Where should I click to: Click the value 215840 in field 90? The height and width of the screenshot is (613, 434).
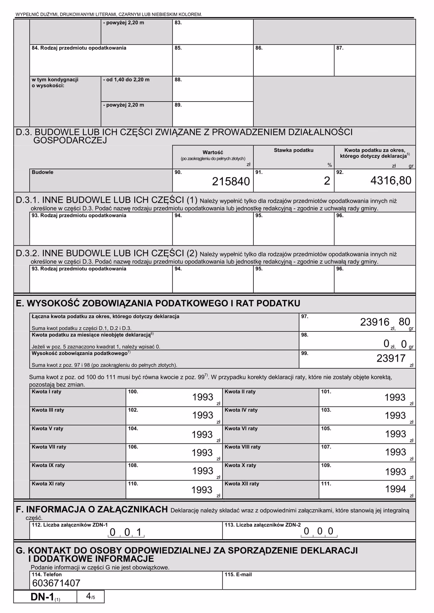pyautogui.click(x=231, y=181)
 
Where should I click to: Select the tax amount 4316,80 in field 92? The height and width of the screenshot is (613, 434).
pyautogui.click(x=391, y=181)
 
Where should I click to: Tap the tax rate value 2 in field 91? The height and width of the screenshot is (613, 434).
pyautogui.click(x=327, y=181)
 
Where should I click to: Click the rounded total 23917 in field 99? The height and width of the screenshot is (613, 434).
pyautogui.click(x=391, y=358)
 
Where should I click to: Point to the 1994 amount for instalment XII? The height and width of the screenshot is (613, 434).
pyautogui.click(x=395, y=489)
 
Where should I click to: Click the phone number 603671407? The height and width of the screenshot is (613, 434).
pyautogui.click(x=56, y=583)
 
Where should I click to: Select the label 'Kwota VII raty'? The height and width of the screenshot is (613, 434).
pyautogui.click(x=49, y=447)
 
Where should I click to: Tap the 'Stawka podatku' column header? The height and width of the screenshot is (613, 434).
pyautogui.click(x=294, y=150)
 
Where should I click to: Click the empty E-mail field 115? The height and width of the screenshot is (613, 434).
pyautogui.click(x=318, y=582)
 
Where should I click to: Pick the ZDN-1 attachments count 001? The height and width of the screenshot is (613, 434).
pyautogui.click(x=126, y=532)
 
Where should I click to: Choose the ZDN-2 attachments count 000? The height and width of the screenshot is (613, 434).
pyautogui.click(x=318, y=531)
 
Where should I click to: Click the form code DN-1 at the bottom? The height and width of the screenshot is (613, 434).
pyautogui.click(x=42, y=597)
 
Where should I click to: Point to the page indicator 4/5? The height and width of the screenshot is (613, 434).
pyautogui.click(x=90, y=596)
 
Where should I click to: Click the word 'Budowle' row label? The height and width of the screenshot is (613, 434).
pyautogui.click(x=42, y=172)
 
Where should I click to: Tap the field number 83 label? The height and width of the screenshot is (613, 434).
pyautogui.click(x=178, y=23)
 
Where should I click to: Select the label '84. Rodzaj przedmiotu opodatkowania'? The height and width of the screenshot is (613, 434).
pyautogui.click(x=79, y=48)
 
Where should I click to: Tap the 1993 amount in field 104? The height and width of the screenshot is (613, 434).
pyautogui.click(x=202, y=435)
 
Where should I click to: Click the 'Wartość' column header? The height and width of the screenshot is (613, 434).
pyautogui.click(x=213, y=153)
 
